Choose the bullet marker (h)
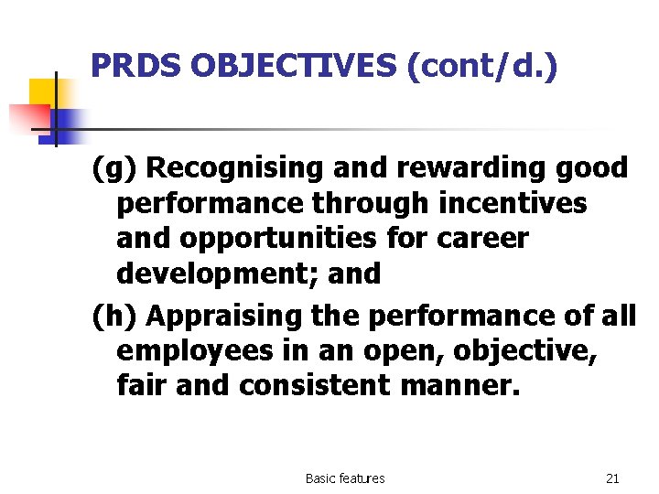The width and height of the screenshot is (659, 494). point(115,317)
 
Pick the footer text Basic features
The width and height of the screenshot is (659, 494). point(345,478)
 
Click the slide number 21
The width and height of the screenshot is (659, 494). point(612,478)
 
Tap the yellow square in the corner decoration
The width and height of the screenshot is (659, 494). point(42,92)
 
